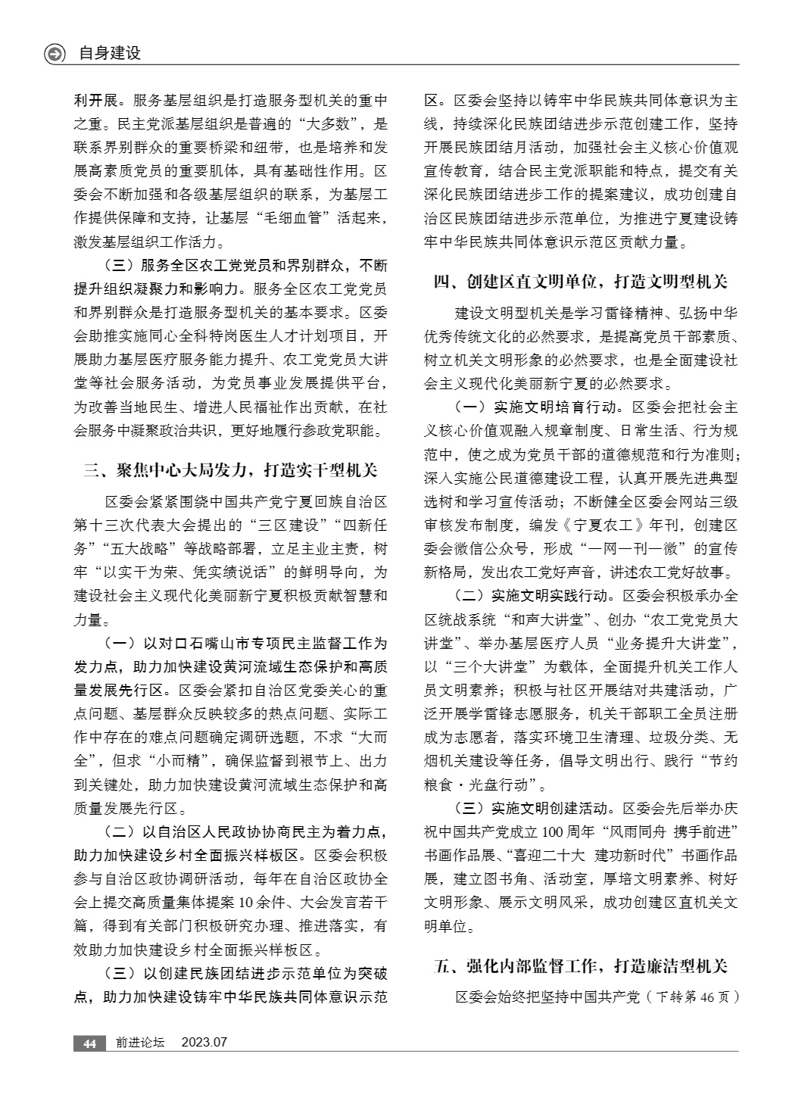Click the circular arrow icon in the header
click(55, 54)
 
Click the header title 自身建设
click(110, 54)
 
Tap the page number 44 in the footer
click(89, 1043)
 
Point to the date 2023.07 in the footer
click(204, 1043)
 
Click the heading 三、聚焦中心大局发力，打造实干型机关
click(230, 471)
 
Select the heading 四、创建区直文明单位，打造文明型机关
click(580, 282)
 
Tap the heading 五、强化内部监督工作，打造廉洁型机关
click(580, 965)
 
